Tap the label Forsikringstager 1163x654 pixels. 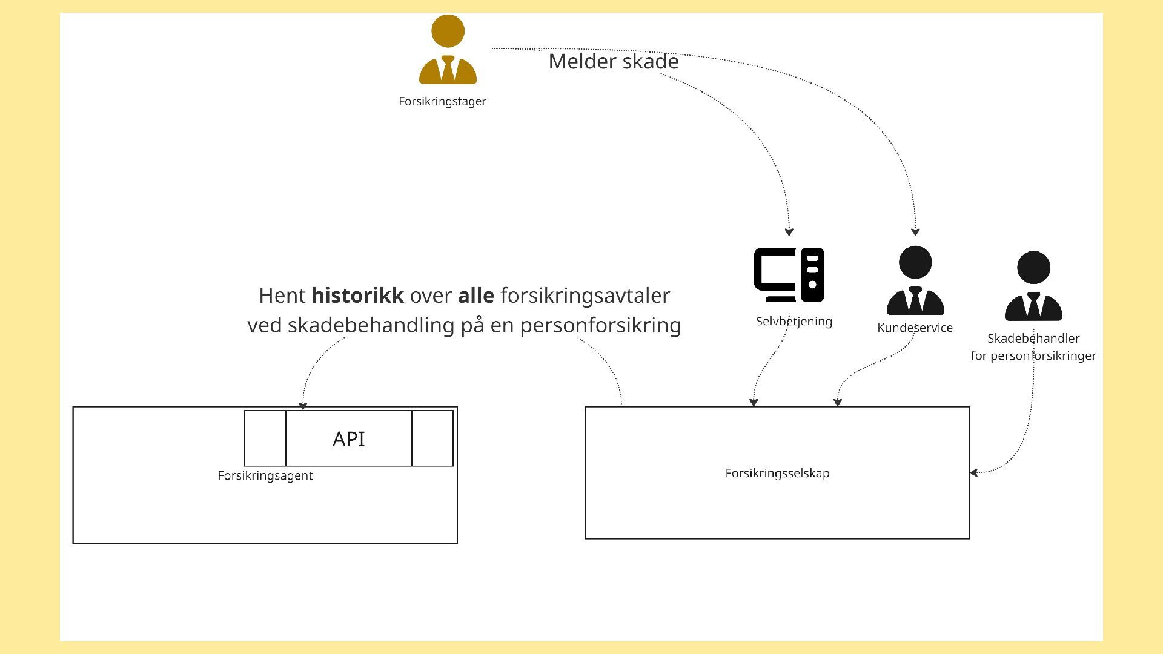pos(442,102)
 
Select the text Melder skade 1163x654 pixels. pos(613,62)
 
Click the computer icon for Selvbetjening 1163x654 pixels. pos(789,275)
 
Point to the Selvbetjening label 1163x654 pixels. pos(794,322)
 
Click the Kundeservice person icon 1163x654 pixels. pos(915,281)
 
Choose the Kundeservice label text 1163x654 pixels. pos(915,328)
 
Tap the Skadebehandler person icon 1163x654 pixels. pos(1033,286)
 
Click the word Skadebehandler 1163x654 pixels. pos(1033,339)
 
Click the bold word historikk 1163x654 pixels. pos(357,296)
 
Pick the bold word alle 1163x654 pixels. pos(476,296)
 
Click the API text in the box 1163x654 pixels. pos(349,439)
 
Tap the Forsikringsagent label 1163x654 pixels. pos(265,476)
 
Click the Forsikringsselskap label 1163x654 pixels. pos(777,474)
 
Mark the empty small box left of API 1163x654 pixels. pos(265,438)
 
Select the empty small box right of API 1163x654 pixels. pos(432,438)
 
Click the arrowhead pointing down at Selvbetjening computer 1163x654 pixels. pos(789,232)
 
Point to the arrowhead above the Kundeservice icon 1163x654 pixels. pos(915,232)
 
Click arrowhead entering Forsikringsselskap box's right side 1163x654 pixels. pos(974,473)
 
